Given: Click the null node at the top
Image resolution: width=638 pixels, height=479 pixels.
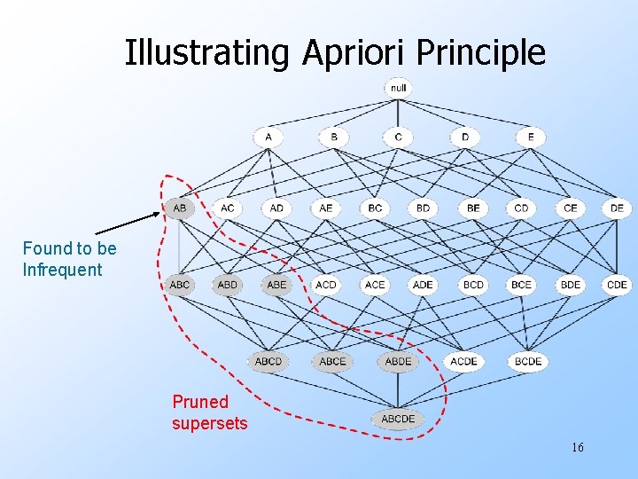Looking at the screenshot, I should click(x=398, y=88).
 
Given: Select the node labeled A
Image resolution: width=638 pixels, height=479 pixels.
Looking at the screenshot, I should click(x=268, y=137).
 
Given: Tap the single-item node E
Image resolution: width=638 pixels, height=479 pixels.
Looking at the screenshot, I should click(x=531, y=137).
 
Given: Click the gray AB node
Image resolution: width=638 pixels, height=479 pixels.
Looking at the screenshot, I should click(x=179, y=208).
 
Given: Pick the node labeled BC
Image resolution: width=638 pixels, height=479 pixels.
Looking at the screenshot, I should click(x=375, y=208).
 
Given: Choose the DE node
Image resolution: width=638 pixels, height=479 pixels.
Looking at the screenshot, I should click(x=617, y=208).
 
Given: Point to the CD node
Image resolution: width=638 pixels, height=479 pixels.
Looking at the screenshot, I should click(x=521, y=208).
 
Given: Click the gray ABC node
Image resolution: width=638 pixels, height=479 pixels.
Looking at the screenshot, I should click(x=179, y=285).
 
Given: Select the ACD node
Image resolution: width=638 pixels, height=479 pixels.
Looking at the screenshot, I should click(x=326, y=285).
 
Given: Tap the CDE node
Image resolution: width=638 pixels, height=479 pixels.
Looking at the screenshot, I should click(x=617, y=285).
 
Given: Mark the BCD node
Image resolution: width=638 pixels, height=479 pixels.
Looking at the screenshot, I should click(x=472, y=285).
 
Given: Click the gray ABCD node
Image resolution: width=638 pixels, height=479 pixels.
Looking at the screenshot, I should click(x=268, y=361).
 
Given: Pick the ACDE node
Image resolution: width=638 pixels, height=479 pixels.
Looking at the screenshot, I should click(x=463, y=361).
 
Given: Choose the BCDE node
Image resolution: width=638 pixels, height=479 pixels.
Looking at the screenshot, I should click(x=528, y=361).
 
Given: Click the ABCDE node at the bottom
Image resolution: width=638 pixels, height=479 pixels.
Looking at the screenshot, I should click(x=398, y=419).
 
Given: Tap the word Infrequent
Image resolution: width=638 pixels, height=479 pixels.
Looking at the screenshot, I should click(x=62, y=270).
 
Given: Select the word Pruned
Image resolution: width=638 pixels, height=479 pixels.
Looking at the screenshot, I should click(x=200, y=402).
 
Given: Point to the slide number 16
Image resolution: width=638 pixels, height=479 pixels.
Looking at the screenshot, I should click(x=577, y=447).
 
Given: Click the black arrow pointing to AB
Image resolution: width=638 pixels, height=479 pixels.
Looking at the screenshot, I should click(x=128, y=223).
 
